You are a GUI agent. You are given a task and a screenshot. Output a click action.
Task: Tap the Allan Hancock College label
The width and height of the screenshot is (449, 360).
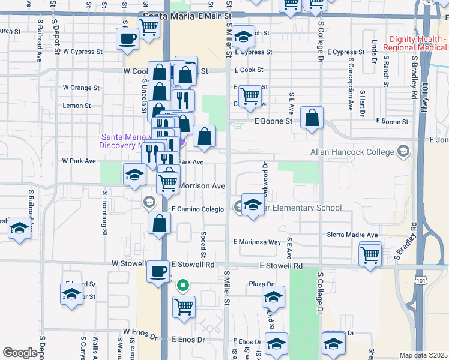click(352, 152)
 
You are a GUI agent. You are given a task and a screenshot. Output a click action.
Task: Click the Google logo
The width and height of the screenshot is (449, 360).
click(20, 353)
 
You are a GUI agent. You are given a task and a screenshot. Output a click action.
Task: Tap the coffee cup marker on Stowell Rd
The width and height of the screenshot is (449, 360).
click(158, 271)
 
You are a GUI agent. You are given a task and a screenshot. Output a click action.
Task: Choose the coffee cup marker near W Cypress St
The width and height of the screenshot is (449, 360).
click(127, 39)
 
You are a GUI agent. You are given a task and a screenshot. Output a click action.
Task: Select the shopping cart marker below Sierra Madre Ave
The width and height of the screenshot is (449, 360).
click(370, 253)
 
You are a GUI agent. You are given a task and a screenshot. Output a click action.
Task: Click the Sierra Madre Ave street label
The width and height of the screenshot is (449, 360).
click(352, 235)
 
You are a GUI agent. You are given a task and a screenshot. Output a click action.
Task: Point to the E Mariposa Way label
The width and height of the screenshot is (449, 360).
click(257, 242)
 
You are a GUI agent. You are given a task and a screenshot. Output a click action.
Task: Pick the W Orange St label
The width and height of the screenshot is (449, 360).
click(81, 88)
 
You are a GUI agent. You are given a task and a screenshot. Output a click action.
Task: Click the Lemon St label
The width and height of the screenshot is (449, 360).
click(77, 106)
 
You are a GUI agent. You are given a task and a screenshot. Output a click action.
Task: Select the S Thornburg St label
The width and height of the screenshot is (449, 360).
click(104, 212)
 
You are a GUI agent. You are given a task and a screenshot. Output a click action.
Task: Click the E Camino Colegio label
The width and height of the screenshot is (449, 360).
click(197, 209)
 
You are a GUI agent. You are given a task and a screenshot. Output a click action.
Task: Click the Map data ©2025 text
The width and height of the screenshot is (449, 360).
click(424, 355)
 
